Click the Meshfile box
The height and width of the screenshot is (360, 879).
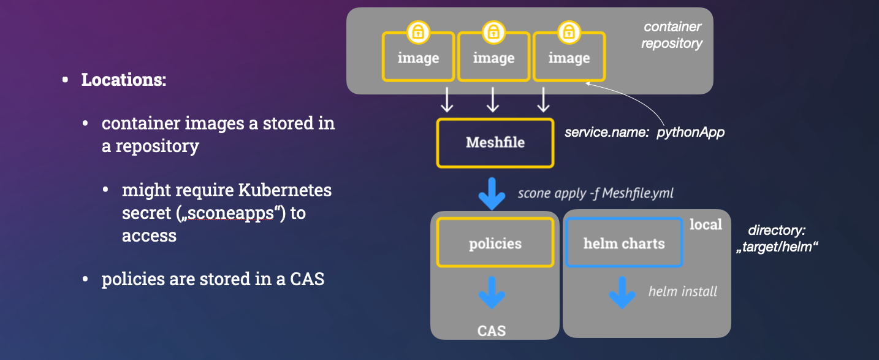[495, 143]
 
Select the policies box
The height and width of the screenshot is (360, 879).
[495, 243]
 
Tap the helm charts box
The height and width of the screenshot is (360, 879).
[624, 243]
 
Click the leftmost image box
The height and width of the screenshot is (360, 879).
[418, 58]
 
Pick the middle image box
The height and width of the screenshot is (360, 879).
[493, 58]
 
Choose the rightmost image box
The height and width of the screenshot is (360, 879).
[569, 58]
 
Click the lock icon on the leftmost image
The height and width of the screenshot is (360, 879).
[418, 32]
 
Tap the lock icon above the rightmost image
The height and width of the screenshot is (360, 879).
[569, 32]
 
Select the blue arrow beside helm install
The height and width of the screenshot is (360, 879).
[622, 293]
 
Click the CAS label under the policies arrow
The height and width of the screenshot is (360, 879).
[492, 331]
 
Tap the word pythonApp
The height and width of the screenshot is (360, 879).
[691, 132]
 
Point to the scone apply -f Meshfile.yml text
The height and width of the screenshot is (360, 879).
[595, 193]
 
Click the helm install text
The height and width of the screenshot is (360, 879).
[683, 291]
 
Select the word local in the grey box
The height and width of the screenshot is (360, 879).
[706, 224]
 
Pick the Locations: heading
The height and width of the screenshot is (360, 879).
[124, 80]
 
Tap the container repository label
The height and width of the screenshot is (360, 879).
[672, 36]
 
